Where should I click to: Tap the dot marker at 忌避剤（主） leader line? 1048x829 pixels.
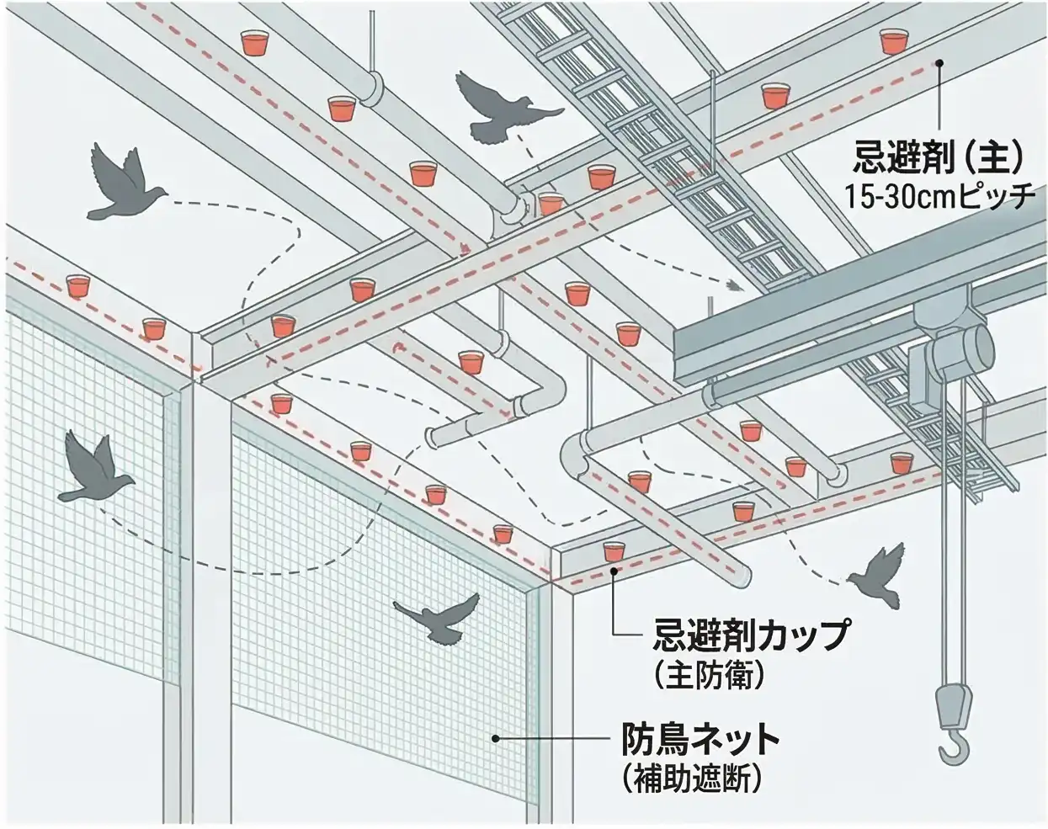(940, 62)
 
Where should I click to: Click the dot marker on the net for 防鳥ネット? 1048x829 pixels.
(497, 738)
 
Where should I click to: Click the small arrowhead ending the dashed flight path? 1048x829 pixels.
(735, 286)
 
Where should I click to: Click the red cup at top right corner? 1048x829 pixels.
(893, 40)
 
